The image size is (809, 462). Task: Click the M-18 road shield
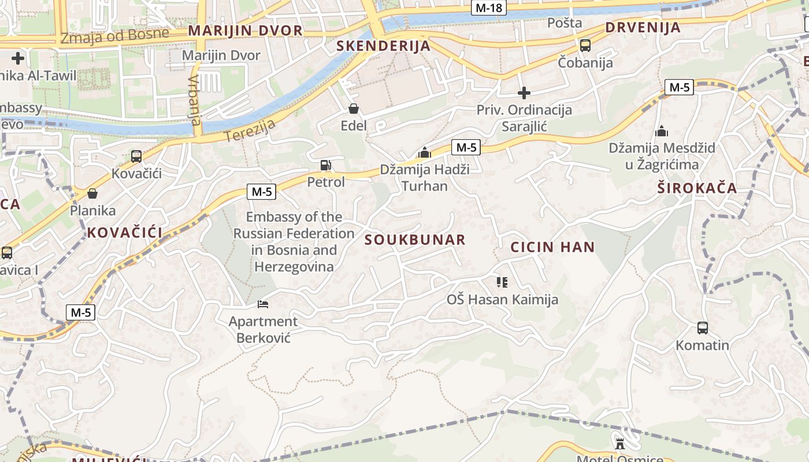(489, 8)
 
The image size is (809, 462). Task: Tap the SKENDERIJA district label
(384, 46)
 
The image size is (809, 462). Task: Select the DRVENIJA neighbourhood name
(643, 28)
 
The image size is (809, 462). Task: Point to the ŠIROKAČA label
(697, 188)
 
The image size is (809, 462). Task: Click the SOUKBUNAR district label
(415, 240)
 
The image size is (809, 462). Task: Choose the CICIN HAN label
(552, 248)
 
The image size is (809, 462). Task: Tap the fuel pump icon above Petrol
(326, 166)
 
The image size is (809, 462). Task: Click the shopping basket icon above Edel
(354, 109)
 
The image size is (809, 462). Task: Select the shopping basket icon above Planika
(92, 193)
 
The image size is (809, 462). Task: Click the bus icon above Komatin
(703, 328)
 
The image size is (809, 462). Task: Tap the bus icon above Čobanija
(585, 45)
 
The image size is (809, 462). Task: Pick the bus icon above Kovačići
(136, 156)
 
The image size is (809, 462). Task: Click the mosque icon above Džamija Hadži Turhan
(425, 153)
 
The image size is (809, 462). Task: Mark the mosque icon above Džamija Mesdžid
(662, 131)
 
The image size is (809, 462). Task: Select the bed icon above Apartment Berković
(263, 304)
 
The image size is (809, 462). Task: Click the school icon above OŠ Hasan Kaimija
(502, 282)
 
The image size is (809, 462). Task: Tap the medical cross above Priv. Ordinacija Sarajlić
(524, 92)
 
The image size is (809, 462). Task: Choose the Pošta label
(565, 23)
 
